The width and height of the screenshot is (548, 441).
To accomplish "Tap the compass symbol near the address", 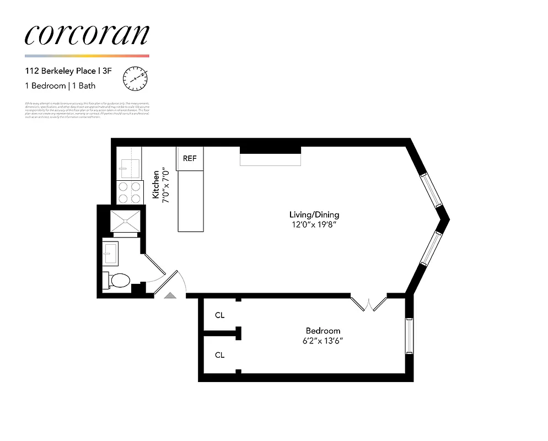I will point(135,78).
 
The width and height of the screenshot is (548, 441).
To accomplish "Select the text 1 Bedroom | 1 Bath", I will point(60,86).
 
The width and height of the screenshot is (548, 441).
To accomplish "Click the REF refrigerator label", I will point(190,158).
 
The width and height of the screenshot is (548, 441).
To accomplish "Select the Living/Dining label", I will point(314,214).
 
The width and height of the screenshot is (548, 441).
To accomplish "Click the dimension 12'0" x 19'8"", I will point(314,225).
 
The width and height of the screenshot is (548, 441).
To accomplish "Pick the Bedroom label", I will point(323,330).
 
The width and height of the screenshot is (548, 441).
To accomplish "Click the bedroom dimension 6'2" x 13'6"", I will point(323,340).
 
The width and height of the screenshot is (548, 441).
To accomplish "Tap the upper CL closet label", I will point(220,315).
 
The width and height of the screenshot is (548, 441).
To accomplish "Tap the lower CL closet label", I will point(220,355).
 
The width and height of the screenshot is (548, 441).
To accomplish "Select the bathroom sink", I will point(111,253).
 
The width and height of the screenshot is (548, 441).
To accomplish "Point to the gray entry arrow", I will point(171,296).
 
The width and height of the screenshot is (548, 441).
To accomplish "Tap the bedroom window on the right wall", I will point(409,336).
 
